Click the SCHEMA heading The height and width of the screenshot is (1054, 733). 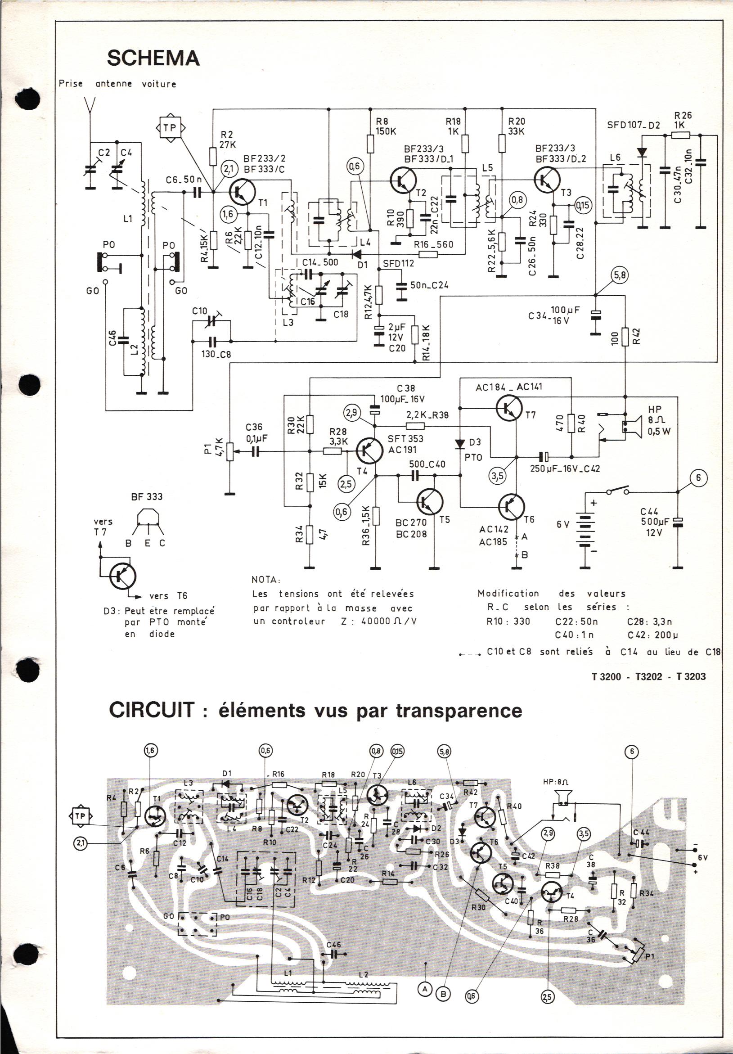(x=153, y=59)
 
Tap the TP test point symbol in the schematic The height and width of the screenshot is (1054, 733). (x=170, y=128)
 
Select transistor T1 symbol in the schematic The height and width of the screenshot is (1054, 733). (x=242, y=191)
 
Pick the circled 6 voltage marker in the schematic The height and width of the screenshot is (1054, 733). (x=698, y=478)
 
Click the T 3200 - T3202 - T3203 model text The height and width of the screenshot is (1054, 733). (x=649, y=677)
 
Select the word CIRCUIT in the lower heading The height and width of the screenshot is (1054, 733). (x=151, y=710)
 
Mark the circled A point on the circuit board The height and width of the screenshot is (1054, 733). (x=425, y=986)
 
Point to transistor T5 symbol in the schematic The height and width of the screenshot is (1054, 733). (x=430, y=502)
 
